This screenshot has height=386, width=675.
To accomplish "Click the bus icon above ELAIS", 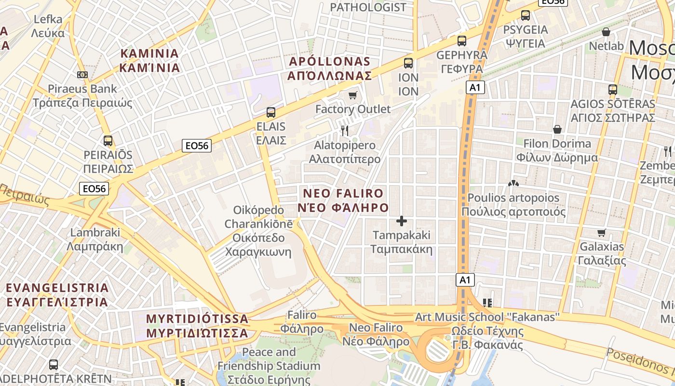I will tap(271, 112).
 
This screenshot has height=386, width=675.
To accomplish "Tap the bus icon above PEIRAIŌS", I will tap(108, 141).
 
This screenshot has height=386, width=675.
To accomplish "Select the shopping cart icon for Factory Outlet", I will tap(353, 95).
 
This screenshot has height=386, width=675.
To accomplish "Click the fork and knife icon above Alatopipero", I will tap(345, 130).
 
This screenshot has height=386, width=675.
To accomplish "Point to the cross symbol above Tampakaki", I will tap(401, 221).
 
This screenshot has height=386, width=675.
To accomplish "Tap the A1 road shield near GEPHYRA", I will tap(475, 87).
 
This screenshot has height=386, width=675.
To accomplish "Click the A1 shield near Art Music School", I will tap(465, 280).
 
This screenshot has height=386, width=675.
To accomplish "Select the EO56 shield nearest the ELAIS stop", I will tap(197, 146).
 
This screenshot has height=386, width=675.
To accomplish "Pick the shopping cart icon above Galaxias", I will tap(601, 233).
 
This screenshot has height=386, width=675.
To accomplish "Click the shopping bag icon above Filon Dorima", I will tap(557, 129).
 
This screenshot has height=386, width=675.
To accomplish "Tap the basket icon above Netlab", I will tap(606, 32).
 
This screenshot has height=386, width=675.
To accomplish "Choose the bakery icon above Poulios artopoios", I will tap(513, 184).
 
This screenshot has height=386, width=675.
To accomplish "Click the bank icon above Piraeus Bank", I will tap(82, 75).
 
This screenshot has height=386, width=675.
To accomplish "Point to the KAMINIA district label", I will tap(149, 60).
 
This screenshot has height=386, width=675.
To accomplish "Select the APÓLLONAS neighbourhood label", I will tap(330, 69).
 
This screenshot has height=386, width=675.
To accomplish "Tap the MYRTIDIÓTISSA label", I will tap(197, 326).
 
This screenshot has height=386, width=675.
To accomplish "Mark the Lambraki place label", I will tap(95, 239).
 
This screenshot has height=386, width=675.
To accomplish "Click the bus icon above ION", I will tap(408, 63).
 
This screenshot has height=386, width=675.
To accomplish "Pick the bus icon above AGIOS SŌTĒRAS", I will tap(613, 89).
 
